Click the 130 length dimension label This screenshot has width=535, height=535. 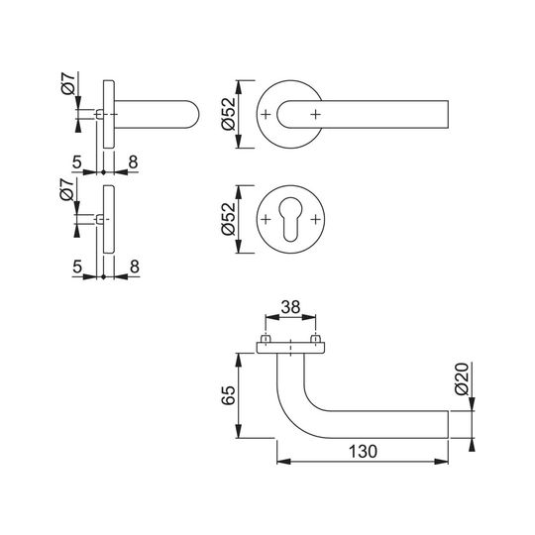point(363,452)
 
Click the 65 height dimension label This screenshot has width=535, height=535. point(229,395)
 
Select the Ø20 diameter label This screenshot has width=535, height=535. point(463,379)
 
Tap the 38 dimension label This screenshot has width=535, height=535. point(290,307)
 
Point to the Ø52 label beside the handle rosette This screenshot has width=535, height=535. point(229,114)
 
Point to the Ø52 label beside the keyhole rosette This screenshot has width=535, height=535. point(229,219)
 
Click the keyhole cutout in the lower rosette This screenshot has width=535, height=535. point(290,219)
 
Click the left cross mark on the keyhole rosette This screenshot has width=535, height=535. point(266,219)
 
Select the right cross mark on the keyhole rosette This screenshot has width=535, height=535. point(316,219)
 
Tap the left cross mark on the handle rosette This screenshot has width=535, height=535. point(266,114)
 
